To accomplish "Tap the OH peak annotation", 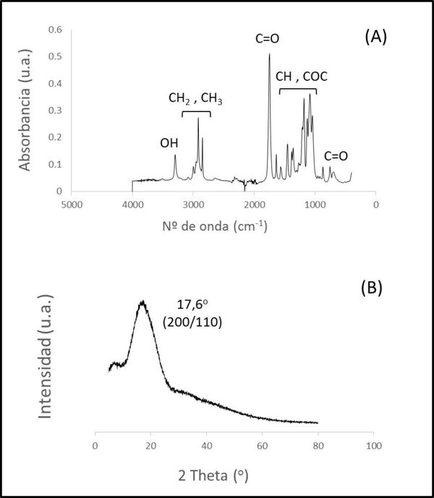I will (169, 143).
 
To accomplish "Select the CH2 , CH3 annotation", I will (195, 98).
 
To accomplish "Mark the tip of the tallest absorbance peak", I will (269, 54).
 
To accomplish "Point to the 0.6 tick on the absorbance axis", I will (56, 30).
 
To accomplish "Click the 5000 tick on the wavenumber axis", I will (71, 205).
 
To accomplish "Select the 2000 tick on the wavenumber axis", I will (254, 205).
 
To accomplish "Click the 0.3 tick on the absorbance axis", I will (56, 111).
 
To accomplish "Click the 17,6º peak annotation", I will (192, 306).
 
